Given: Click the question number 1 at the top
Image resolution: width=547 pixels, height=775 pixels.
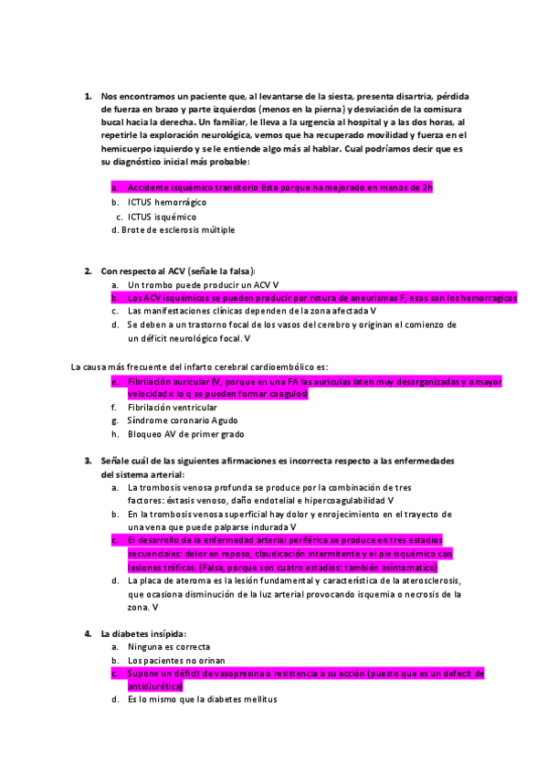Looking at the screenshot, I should [88, 96].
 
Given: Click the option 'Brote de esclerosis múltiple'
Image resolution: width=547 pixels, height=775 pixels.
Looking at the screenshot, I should [177, 230].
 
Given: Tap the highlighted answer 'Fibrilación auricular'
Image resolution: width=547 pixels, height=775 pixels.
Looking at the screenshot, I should [168, 381].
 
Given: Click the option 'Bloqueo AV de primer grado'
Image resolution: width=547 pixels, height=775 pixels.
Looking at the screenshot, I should [185, 435].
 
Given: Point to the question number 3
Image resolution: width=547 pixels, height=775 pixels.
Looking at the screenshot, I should [88, 461].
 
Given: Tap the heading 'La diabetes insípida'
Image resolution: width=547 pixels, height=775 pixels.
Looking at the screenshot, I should [143, 633].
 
